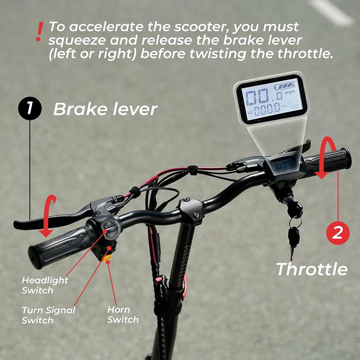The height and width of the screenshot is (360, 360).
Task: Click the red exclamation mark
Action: click(x=40, y=32)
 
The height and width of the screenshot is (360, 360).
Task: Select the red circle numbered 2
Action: click(x=338, y=233)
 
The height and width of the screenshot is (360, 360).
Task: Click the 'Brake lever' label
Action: click(x=105, y=109)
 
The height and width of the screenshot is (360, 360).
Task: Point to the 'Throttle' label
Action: click(x=312, y=269)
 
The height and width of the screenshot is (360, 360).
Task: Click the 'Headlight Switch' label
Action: click(x=45, y=285)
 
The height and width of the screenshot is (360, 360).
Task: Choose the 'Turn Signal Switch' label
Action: click(x=48, y=315)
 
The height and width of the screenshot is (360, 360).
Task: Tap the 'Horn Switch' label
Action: click(x=123, y=314)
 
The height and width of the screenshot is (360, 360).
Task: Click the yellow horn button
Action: click(x=107, y=258)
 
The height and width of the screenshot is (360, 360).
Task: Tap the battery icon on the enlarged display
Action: click(x=284, y=87)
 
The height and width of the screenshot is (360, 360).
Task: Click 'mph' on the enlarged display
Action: click(x=290, y=93)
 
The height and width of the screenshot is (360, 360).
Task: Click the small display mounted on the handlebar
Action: click(x=281, y=166)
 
